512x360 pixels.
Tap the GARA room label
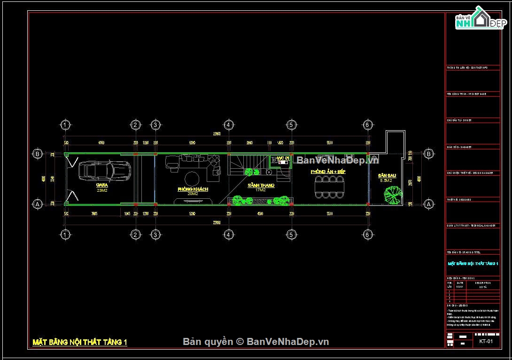pyautogui.click(x=102, y=185)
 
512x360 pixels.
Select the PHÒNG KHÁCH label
pyautogui.click(x=193, y=189)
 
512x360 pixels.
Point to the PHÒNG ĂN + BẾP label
pyautogui.click(x=328, y=172)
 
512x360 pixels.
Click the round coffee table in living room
pyautogui.click(x=192, y=179)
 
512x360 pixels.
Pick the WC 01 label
pyautogui.click(x=283, y=158)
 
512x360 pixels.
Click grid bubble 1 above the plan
pyautogui.click(x=65, y=125)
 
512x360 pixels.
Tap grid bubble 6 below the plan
pyautogui.click(x=368, y=234)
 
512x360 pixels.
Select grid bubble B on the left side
pyautogui.click(x=37, y=154)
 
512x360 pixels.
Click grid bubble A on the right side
pyautogui.click(x=428, y=204)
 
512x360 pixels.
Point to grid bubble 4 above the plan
pyautogui.click(x=228, y=125)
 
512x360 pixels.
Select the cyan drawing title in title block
pyautogui.click(x=473, y=264)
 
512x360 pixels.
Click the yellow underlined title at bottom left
pyautogui.click(x=80, y=342)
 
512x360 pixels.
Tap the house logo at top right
pyautogui.click(x=478, y=20)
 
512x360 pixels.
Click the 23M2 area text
pyautogui.click(x=102, y=190)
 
